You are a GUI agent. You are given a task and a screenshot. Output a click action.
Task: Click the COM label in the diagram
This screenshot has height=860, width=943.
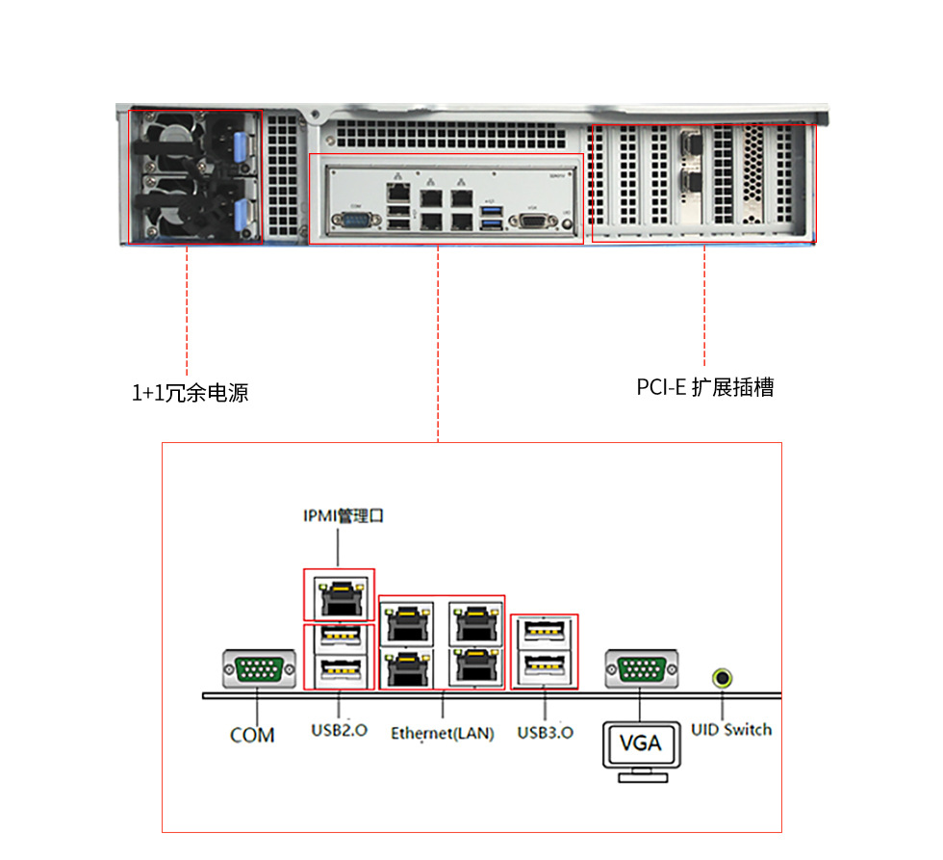(x=252, y=735)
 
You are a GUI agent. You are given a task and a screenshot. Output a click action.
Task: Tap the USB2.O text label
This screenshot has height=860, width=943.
(x=339, y=730)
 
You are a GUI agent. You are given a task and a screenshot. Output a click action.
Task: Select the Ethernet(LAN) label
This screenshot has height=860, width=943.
(x=442, y=733)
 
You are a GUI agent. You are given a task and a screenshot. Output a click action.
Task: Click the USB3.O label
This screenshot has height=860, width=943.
(x=546, y=732)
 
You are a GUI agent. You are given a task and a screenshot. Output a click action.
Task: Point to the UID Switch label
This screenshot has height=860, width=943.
(x=731, y=729)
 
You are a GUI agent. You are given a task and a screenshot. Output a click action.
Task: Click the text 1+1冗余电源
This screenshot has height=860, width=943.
(x=190, y=393)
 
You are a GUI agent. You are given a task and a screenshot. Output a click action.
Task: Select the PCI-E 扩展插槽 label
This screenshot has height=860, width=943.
(x=705, y=387)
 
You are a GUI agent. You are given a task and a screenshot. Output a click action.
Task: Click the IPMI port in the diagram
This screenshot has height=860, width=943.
(x=339, y=597)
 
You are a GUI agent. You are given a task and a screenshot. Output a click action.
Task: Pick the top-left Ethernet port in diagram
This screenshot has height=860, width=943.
(x=408, y=624)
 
